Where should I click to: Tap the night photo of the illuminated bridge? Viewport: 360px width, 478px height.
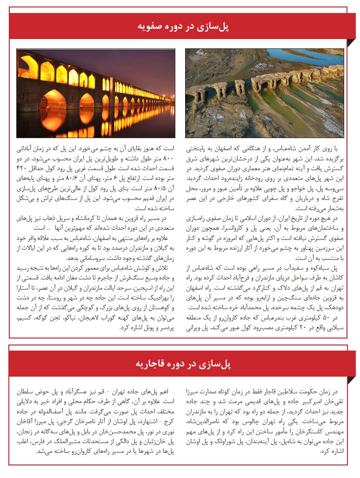[x=96, y=93]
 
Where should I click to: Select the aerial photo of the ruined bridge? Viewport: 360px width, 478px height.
[x=264, y=93]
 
